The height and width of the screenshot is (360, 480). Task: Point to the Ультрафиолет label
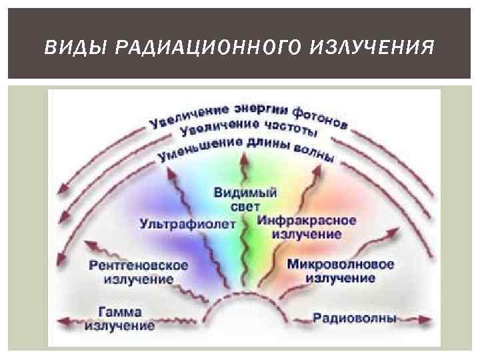(x=188, y=223)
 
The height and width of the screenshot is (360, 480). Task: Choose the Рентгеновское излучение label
(x=139, y=271)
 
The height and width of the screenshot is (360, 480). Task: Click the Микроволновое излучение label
(x=341, y=270)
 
